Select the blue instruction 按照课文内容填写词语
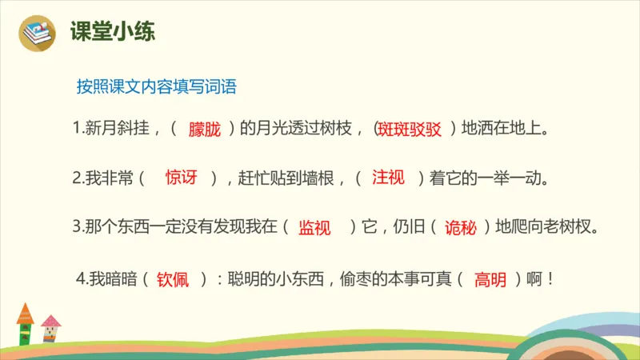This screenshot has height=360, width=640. point(156,86)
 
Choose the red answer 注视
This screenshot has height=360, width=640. point(388,178)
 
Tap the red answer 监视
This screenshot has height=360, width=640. point(314,227)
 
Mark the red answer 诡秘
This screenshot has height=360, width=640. point(461,227)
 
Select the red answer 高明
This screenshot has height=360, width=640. point(490,280)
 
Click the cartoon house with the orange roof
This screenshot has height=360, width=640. point(25,323)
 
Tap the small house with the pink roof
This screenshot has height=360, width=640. point(51,329)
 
